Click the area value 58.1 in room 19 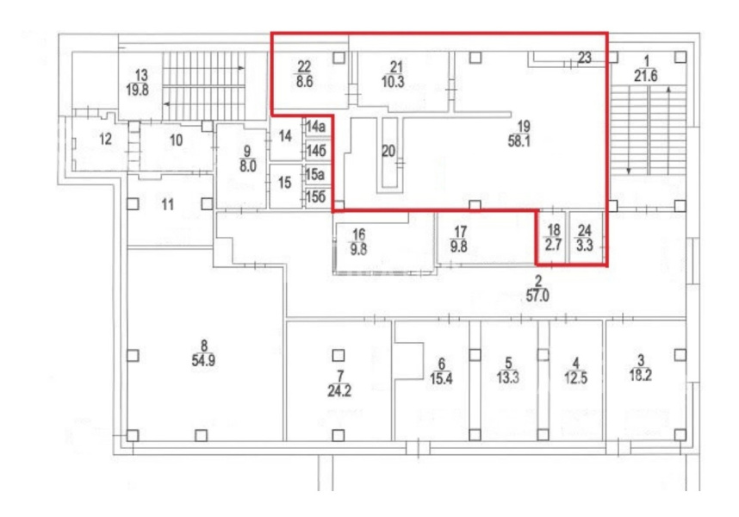pos(519,141)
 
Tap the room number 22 pos(304,67)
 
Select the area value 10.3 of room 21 pos(393,82)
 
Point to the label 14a pos(316,127)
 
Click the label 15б pos(316,196)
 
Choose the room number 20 pos(388,151)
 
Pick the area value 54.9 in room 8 pos(203,360)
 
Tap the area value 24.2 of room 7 pos(339,390)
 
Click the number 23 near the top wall pos(585,58)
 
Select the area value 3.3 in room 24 pos(585,246)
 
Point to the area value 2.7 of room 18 pos(553,245)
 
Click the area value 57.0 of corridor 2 pos(537,296)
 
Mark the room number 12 pos(106,139)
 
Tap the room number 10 pos(177,140)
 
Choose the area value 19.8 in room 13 pos(138,90)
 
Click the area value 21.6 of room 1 pos(645,76)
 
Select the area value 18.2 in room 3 pos(641,376)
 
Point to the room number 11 pos(168,204)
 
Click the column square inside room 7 pos(338,355)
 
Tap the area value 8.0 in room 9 pos(247,166)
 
